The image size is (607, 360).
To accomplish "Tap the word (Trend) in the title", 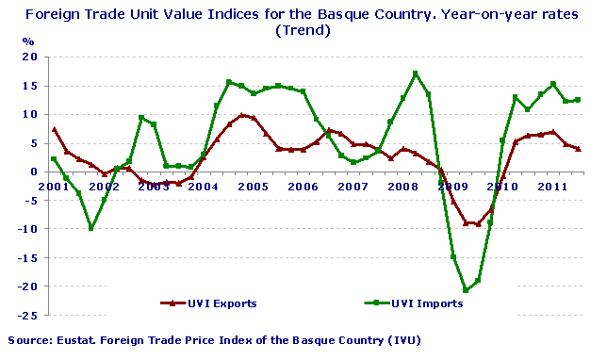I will click(303, 30).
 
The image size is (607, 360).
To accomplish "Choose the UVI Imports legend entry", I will click(415, 303).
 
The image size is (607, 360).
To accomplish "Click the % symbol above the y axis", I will click(28, 42).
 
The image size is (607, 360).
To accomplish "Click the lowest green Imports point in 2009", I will click(465, 290).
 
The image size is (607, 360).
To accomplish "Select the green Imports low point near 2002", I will click(90, 228).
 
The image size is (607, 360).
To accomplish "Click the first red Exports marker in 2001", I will click(54, 129).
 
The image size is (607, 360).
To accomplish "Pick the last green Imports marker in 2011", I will click(578, 100).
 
